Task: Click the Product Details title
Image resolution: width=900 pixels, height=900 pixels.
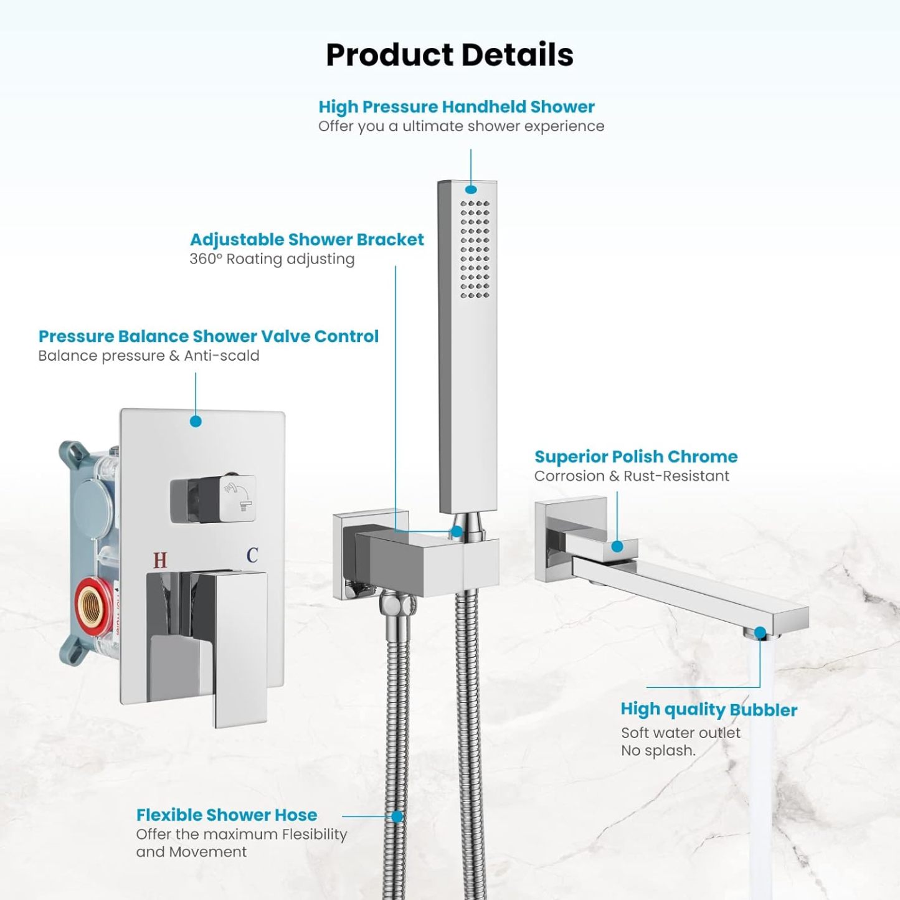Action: click(x=450, y=55)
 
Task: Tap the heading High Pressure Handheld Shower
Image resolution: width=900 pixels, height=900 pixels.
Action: click(x=457, y=107)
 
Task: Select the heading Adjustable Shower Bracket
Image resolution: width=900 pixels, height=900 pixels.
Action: click(x=307, y=240)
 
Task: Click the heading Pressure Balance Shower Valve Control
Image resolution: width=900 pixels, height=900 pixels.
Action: click(x=208, y=336)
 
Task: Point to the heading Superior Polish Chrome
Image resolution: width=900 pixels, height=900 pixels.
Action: click(x=636, y=457)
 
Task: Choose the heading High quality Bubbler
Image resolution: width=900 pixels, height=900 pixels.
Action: click(x=709, y=709)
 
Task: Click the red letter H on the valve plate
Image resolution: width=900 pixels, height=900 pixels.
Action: click(x=160, y=560)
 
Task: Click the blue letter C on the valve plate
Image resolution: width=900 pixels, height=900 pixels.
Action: click(x=252, y=555)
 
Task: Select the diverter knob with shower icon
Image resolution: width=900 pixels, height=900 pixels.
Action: click(x=214, y=500)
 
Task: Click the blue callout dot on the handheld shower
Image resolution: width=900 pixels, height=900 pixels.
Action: click(x=471, y=189)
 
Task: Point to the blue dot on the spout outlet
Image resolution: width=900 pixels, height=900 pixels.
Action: click(x=760, y=632)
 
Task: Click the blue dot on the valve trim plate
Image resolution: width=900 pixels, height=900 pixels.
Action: click(x=196, y=421)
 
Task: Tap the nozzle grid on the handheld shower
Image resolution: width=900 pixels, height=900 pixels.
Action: click(x=475, y=249)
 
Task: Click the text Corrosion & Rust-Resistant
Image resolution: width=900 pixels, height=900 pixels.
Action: click(x=632, y=476)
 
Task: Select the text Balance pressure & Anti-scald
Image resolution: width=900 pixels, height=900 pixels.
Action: click(x=148, y=356)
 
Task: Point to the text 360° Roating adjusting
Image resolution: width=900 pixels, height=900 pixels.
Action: click(x=272, y=259)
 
